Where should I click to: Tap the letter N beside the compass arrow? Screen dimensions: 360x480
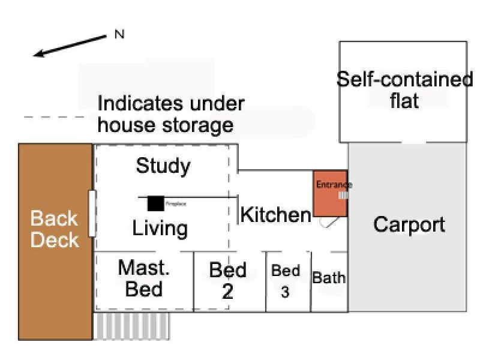pyautogui.click(x=119, y=34)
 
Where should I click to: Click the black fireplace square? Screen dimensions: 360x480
pyautogui.click(x=156, y=203)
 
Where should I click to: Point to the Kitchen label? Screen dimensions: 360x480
pyautogui.click(x=275, y=214)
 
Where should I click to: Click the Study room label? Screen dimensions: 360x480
pyautogui.click(x=163, y=166)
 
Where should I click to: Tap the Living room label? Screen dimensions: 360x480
pyautogui.click(x=160, y=228)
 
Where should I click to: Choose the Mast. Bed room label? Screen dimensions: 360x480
pyautogui.click(x=144, y=278)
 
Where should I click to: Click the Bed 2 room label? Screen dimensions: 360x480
pyautogui.click(x=227, y=280)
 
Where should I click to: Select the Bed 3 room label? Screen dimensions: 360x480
pyautogui.click(x=286, y=281)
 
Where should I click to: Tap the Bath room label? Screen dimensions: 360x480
pyautogui.click(x=329, y=278)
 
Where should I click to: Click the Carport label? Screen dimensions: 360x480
pyautogui.click(x=409, y=224)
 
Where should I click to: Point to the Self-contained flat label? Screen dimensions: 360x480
pyautogui.click(x=404, y=90)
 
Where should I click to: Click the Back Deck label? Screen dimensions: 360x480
pyautogui.click(x=55, y=229)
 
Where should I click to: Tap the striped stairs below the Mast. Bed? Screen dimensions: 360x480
pyautogui.click(x=132, y=326)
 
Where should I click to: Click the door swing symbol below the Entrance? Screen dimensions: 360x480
pyautogui.click(x=329, y=222)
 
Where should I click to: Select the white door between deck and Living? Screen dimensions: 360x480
pyautogui.click(x=92, y=213)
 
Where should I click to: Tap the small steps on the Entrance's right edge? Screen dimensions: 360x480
pyautogui.click(x=343, y=195)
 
